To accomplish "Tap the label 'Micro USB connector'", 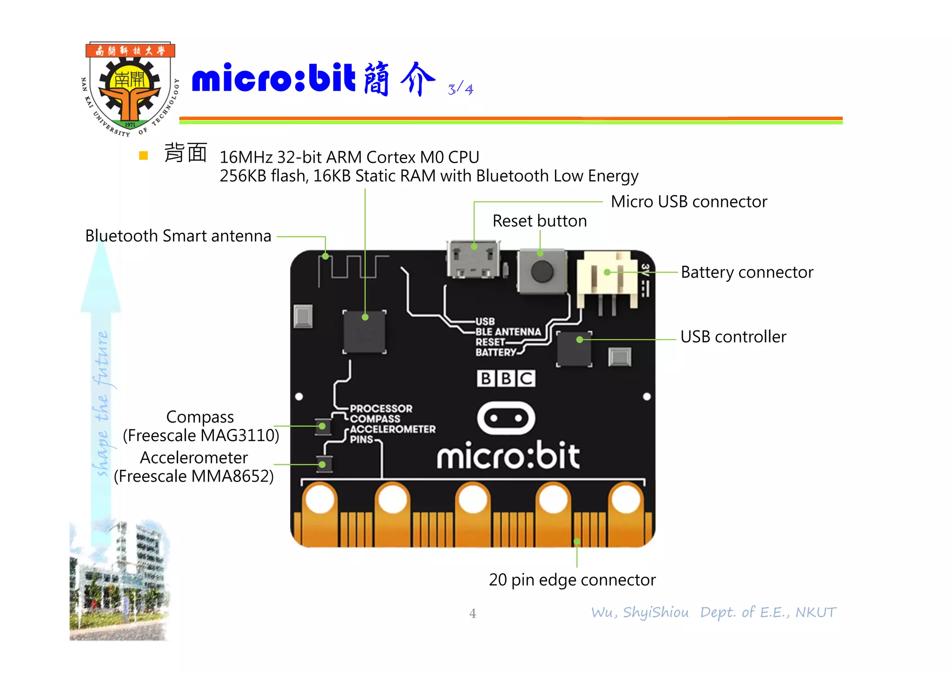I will [688, 202].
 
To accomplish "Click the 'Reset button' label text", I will [539, 221].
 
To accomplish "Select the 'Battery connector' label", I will [747, 272].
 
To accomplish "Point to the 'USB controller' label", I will [733, 337].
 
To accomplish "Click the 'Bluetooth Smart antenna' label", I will [178, 236].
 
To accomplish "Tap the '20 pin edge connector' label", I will [572, 580].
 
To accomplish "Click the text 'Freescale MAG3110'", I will [201, 435].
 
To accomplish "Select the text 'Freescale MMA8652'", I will [194, 476].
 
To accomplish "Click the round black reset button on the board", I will [542, 271].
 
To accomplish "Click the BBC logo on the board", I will [506, 378].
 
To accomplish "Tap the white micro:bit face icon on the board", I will [506, 418].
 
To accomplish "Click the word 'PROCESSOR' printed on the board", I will [381, 409].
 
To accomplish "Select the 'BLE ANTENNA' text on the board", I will [508, 332].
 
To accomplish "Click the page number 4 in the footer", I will [472, 614].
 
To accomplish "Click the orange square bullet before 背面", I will [143, 156].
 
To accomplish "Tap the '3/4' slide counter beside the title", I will [460, 88].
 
